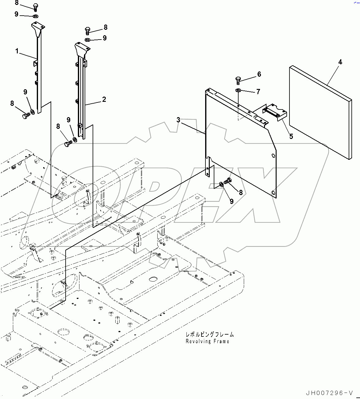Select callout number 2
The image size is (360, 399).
pos(104,99)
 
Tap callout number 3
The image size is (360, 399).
pos(178,120)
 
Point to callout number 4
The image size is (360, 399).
pos(340,62)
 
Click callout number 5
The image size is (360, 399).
pos(291,136)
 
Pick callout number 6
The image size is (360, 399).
pos(259,74)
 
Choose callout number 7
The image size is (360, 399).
pos(258,91)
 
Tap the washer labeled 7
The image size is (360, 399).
pos(238,90)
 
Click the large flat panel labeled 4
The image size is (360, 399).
pos(320,112)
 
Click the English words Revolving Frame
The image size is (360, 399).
pos(207,341)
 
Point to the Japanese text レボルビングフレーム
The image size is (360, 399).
pos(209,335)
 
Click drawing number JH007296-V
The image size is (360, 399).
pos(329,393)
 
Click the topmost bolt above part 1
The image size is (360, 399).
pos(34,7)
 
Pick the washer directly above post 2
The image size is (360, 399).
pos(87,40)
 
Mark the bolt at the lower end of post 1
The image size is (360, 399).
pos(25,116)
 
